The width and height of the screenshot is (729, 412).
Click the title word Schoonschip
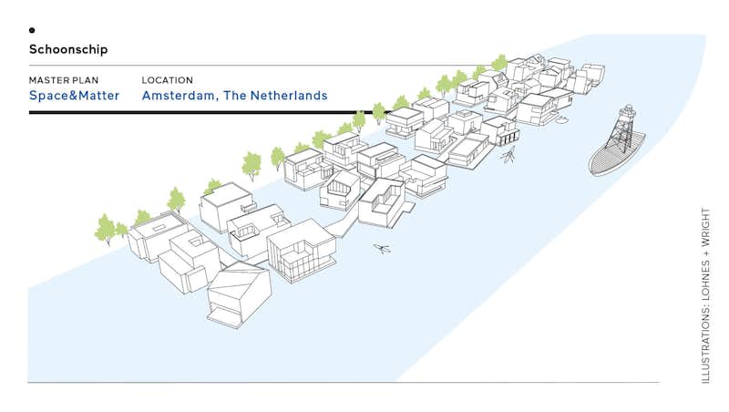68,49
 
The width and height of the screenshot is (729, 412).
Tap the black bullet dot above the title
32,30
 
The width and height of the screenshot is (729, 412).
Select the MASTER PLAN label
64,80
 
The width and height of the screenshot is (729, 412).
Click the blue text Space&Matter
75,96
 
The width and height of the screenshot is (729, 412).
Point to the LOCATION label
168,80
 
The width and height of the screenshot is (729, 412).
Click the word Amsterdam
178,96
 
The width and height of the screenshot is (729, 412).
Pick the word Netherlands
289,96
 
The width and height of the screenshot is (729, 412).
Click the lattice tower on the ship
622,128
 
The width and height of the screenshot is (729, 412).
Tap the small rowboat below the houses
382,249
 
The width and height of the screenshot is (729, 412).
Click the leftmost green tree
105,229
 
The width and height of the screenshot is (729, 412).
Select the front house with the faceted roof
239,294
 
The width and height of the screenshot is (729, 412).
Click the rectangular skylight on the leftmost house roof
159,228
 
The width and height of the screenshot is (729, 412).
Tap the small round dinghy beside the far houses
561,120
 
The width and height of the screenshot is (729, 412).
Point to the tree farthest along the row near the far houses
499,63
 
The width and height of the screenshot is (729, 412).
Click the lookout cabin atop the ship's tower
628,109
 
